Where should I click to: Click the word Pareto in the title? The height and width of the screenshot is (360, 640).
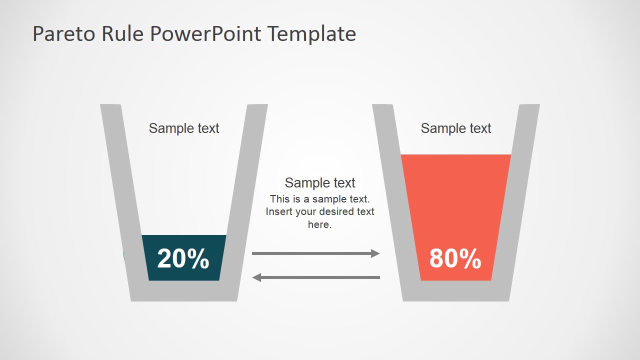64,34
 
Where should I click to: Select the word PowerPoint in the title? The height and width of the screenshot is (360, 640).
205,34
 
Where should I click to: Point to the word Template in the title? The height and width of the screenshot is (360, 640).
311,34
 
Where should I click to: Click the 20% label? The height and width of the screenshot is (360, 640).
183,258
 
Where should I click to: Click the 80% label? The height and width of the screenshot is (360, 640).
455,258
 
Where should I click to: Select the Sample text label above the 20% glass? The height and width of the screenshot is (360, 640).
184,128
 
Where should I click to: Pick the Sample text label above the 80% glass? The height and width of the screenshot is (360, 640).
456,128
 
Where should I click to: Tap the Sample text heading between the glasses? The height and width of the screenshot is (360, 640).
320,182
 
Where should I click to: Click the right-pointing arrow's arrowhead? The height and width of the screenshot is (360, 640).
375,253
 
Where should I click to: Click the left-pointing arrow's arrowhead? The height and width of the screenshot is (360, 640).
256,277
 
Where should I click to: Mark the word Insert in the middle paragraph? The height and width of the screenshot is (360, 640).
279,211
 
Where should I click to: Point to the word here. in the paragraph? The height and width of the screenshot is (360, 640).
320,224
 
